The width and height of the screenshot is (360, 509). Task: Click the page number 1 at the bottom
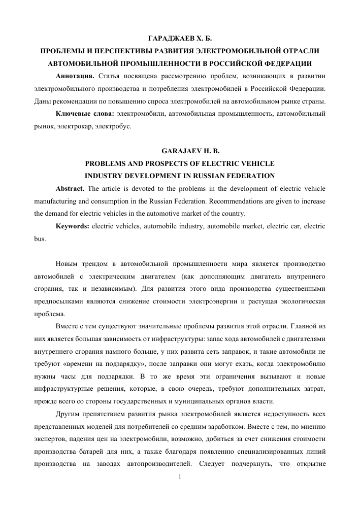tap(180, 477)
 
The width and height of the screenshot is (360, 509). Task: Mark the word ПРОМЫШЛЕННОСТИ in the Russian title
tap(175, 64)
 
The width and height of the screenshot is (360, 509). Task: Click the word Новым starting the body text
tap(69, 264)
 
